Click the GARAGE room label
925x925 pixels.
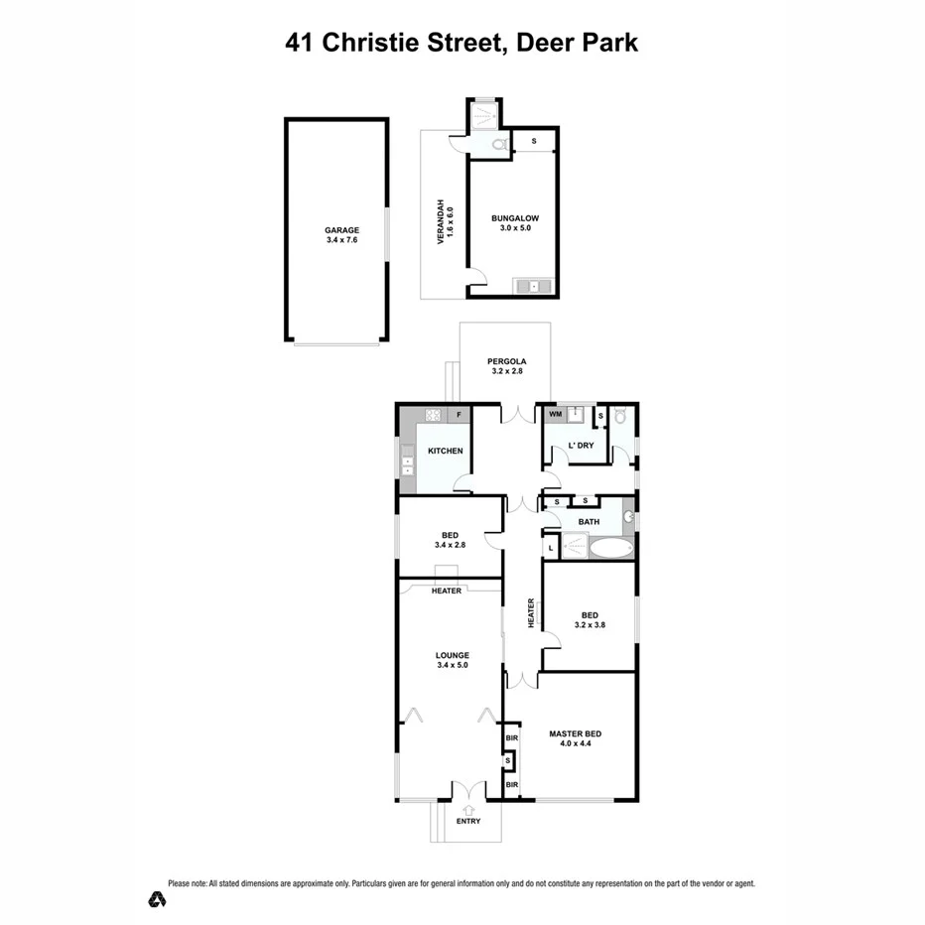coord(341,234)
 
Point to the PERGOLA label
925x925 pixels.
coord(506,365)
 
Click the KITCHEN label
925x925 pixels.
coord(446,451)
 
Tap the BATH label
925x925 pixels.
coord(590,521)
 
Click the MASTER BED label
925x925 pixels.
coord(576,739)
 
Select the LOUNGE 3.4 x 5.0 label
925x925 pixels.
coord(452,660)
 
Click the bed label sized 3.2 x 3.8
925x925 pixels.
coord(589,618)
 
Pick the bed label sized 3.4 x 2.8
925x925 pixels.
coord(451,539)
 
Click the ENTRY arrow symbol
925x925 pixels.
coord(467,808)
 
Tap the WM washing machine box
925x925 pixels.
coord(556,413)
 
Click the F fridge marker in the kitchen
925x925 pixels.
coord(459,414)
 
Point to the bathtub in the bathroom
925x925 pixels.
coord(610,547)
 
